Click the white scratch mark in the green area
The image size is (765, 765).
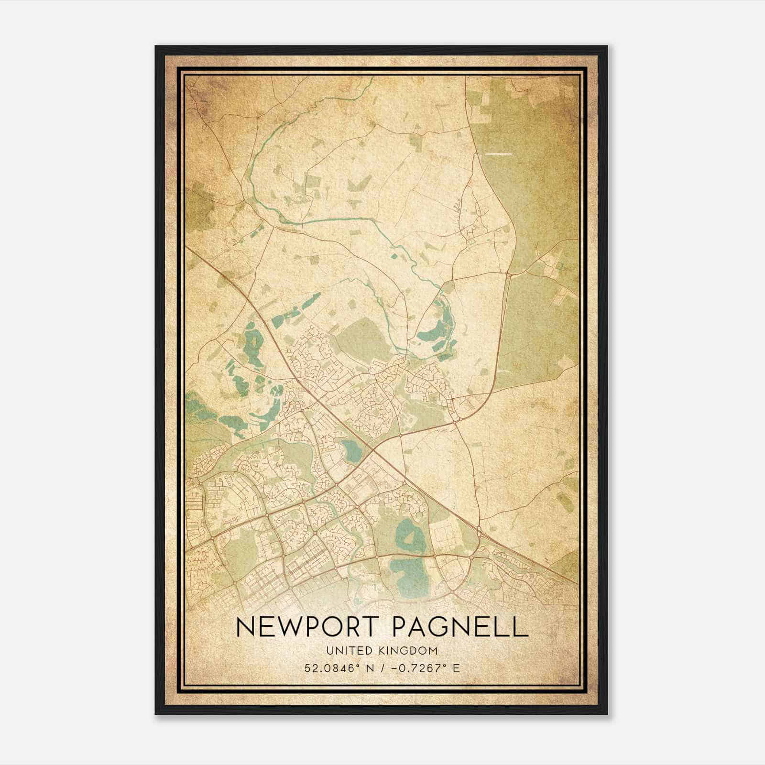[498, 154]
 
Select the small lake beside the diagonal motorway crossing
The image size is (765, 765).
[351, 449]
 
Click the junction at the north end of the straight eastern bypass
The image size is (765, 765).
[507, 274]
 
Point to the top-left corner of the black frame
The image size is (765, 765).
[156, 46]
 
